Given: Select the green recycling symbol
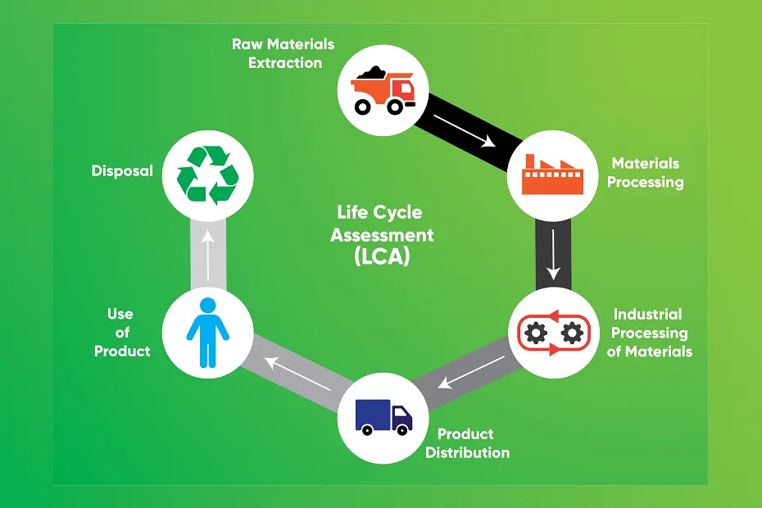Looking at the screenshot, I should [208, 175].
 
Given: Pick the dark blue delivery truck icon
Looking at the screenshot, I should [383, 416].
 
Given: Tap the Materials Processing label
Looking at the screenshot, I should [646, 173].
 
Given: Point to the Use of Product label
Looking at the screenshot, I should [122, 333].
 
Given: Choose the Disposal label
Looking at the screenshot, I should [122, 171].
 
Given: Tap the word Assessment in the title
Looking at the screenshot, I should [382, 234].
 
